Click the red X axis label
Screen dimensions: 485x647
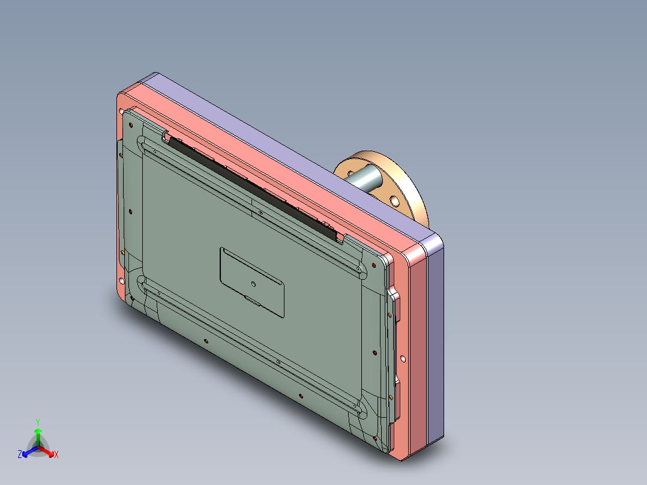pyautogui.click(x=56, y=455)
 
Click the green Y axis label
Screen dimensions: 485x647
pyautogui.click(x=37, y=422)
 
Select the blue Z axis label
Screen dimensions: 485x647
pyautogui.click(x=20, y=454)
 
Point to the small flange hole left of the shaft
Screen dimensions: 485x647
pyautogui.click(x=350, y=173)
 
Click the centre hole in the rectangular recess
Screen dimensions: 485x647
pyautogui.click(x=253, y=283)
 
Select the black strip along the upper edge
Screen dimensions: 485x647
pyautogui.click(x=252, y=182)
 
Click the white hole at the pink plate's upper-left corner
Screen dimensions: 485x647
pyautogui.click(x=123, y=112)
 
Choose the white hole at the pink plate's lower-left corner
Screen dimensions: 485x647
pyautogui.click(x=122, y=280)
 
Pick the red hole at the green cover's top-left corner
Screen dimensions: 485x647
pyautogui.click(x=131, y=124)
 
